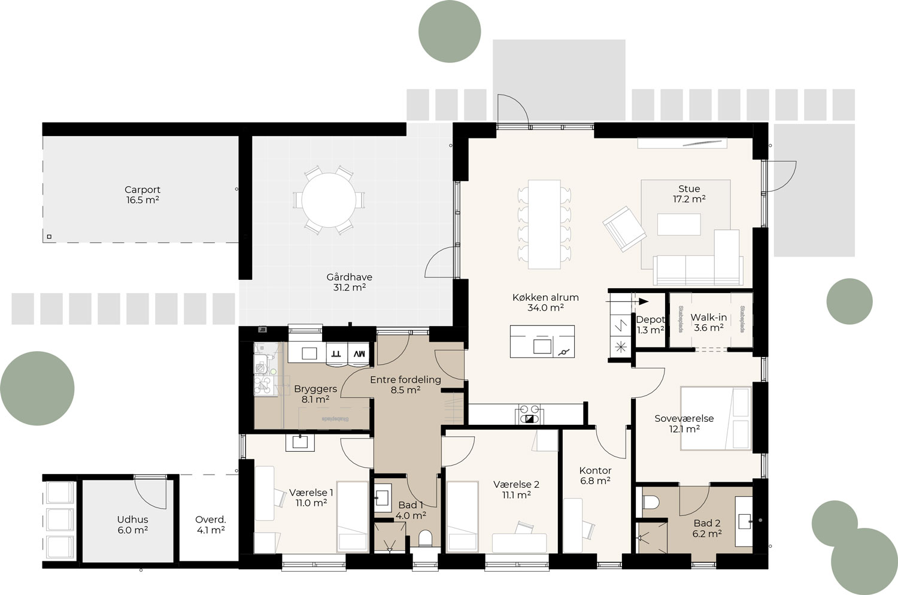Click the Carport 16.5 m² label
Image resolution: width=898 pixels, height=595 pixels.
[142, 195]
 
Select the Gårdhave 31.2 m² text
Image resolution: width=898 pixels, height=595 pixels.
[349, 282]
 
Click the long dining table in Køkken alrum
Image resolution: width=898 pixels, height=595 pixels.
[544, 223]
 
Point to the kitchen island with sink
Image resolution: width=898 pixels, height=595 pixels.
[542, 342]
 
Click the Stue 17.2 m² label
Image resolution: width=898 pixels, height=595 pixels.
[689, 194]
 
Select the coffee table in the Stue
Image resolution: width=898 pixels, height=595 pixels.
[678, 225]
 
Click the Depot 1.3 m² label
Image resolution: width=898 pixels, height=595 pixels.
[650, 325]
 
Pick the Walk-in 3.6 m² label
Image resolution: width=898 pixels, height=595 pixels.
[709, 322]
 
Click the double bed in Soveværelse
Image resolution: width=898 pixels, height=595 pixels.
[715, 418]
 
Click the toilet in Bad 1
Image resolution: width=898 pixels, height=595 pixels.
[426, 537]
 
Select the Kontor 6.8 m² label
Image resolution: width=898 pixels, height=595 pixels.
[595, 476]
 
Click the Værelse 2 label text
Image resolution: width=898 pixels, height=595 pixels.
[516, 484]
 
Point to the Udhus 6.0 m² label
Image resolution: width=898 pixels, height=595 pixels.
[133, 525]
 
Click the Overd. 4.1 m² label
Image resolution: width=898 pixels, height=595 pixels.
[210, 525]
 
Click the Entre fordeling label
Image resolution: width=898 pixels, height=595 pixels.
[405, 379]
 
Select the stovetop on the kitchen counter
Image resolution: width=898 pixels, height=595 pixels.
[530, 414]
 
